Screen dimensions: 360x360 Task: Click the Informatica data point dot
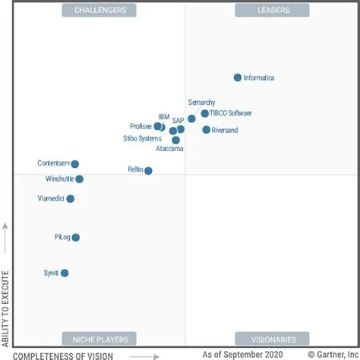point(238,77)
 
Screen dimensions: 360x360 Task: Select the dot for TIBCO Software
point(205,114)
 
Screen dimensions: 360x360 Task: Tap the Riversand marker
point(207,130)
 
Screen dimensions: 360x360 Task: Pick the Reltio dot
point(148,171)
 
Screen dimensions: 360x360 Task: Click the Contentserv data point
point(74,164)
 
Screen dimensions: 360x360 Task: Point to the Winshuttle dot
point(79,179)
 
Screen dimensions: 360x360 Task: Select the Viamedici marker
point(71,199)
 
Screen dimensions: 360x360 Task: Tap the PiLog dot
point(75,238)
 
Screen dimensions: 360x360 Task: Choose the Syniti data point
point(65,273)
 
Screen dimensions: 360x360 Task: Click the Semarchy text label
point(201,103)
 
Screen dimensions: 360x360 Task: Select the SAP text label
point(178,121)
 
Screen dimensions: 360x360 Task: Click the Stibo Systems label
point(142,139)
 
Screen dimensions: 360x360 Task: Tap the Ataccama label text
point(169,149)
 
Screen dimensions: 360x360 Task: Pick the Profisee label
point(141,127)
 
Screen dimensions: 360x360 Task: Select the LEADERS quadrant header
point(272,10)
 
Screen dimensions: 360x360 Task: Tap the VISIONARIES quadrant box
point(272,339)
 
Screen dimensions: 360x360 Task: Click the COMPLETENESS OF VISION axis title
point(63,355)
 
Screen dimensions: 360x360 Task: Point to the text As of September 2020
point(242,355)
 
